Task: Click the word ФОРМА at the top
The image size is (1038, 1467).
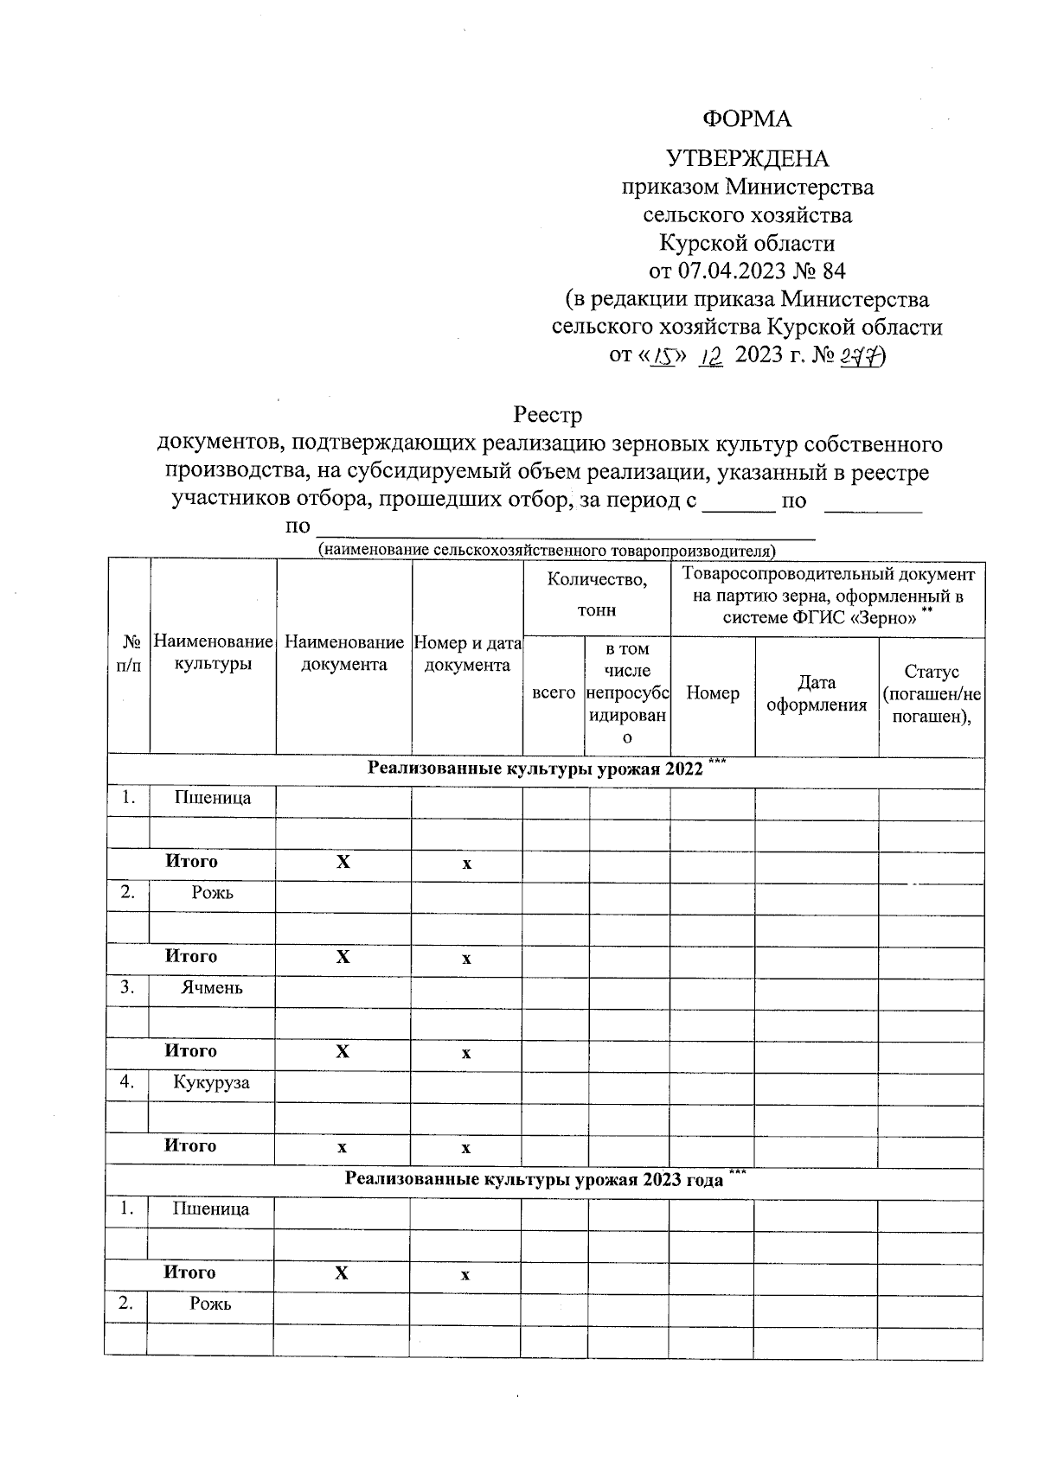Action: pyautogui.click(x=746, y=118)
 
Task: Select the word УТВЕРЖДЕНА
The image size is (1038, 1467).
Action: pyautogui.click(x=746, y=159)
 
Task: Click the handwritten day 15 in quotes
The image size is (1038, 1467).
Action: pyautogui.click(x=665, y=355)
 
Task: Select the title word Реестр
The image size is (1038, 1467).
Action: pyautogui.click(x=548, y=416)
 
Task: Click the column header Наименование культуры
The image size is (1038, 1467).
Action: pyautogui.click(x=213, y=653)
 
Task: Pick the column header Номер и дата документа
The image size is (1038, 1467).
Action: pyautogui.click(x=467, y=654)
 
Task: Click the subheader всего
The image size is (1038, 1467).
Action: pyautogui.click(x=554, y=692)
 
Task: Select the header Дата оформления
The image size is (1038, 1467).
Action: pyautogui.click(x=817, y=693)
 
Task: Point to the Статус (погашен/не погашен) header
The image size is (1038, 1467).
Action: pyautogui.click(x=932, y=694)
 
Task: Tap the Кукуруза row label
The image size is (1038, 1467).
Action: pyautogui.click(x=211, y=1082)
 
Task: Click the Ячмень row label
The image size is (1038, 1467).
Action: pyautogui.click(x=212, y=987)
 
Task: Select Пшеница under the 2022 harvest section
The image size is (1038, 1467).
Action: pyautogui.click(x=213, y=798)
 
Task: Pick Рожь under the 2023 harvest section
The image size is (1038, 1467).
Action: pyautogui.click(x=211, y=1304)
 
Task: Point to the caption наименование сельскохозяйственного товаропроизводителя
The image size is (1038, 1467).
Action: pyautogui.click(x=547, y=550)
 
